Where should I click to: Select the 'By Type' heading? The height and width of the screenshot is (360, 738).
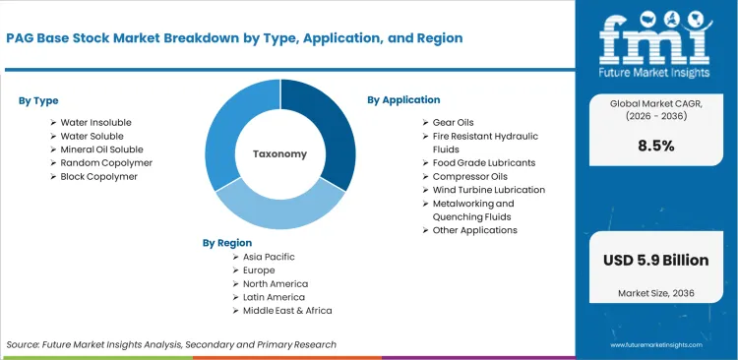tap(38, 100)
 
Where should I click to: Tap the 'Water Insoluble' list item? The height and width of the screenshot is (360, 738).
tap(95, 122)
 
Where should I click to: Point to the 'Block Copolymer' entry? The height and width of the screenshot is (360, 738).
tap(98, 176)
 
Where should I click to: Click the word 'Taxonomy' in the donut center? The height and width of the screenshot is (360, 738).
tap(280, 153)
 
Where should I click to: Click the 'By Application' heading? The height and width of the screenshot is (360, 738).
tap(403, 99)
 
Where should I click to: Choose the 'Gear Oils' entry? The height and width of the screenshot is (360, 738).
tap(454, 122)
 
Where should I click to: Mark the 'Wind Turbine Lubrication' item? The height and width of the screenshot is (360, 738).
tap(489, 189)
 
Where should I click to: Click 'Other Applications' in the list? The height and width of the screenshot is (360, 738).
tap(475, 229)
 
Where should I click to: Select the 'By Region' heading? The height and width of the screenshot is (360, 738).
tap(227, 242)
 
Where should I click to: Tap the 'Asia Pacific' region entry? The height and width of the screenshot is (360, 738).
tap(269, 257)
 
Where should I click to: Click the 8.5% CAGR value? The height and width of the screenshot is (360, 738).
tap(655, 146)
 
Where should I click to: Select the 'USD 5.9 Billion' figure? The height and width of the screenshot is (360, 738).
tap(655, 261)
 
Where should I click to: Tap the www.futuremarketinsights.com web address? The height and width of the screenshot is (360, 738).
tap(655, 345)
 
